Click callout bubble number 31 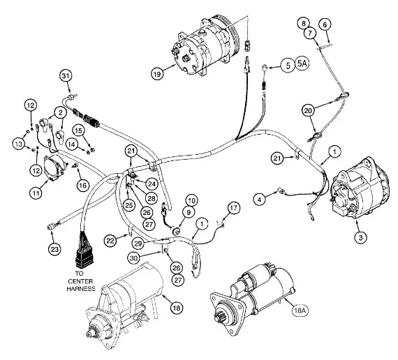click(66, 76)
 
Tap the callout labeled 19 click(157, 74)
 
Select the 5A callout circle click(302, 63)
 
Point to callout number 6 click(325, 24)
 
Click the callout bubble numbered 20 click(308, 111)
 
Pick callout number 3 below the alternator click(361, 238)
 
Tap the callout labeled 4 click(259, 200)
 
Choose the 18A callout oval click(300, 310)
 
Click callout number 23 click(54, 249)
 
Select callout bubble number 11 click(36, 193)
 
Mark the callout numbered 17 click(234, 208)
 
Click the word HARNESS click(81, 288)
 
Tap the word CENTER click(81, 281)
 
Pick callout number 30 click(134, 259)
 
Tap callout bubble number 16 click(83, 186)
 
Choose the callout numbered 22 click(110, 240)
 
